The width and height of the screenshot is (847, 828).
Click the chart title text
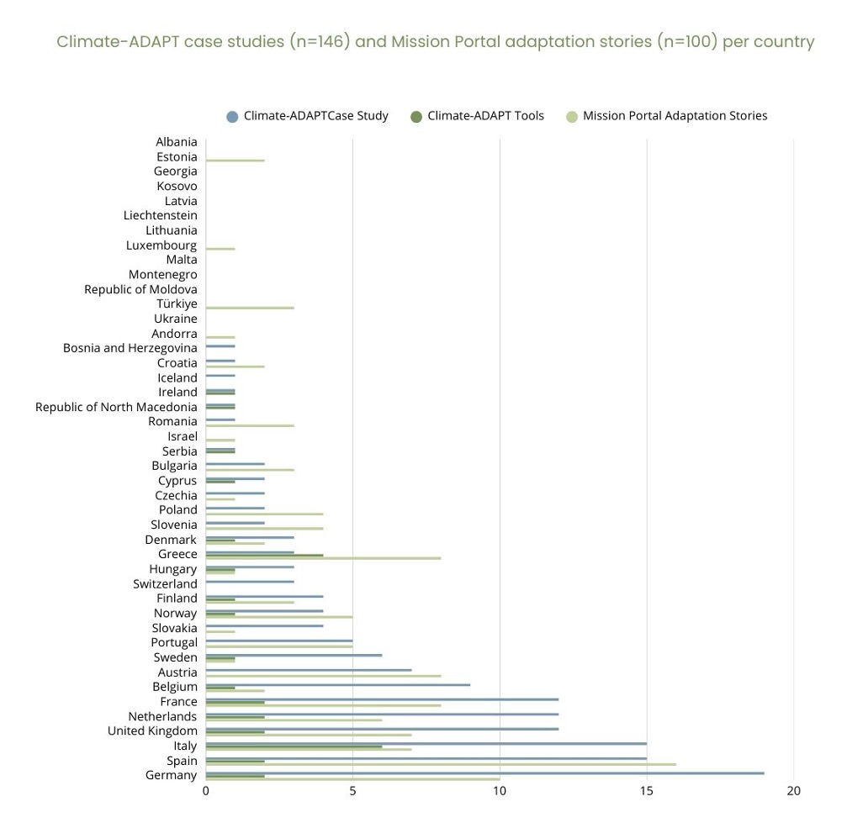(x=435, y=41)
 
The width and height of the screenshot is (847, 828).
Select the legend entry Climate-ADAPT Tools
(x=485, y=116)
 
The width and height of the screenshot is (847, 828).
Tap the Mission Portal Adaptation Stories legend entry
(x=675, y=116)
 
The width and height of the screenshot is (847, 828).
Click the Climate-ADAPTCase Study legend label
(x=315, y=116)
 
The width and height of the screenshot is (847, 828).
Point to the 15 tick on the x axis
(x=647, y=791)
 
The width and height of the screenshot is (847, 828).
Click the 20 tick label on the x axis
(x=793, y=791)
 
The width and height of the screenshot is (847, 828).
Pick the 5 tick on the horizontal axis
(x=352, y=791)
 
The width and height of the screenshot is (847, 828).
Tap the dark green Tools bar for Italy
(x=294, y=746)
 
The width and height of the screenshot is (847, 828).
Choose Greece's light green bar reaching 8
(x=323, y=558)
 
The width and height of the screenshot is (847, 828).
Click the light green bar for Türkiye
(x=250, y=308)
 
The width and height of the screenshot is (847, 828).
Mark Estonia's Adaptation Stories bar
(x=235, y=161)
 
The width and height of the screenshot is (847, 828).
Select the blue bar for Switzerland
(x=250, y=582)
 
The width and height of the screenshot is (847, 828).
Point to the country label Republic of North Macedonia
(x=116, y=407)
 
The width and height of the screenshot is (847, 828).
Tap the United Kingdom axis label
(x=152, y=731)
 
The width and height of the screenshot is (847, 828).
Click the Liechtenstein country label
(x=160, y=215)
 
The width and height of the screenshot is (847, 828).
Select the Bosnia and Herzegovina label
(x=130, y=348)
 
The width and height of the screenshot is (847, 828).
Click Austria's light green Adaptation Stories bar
(x=323, y=676)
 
